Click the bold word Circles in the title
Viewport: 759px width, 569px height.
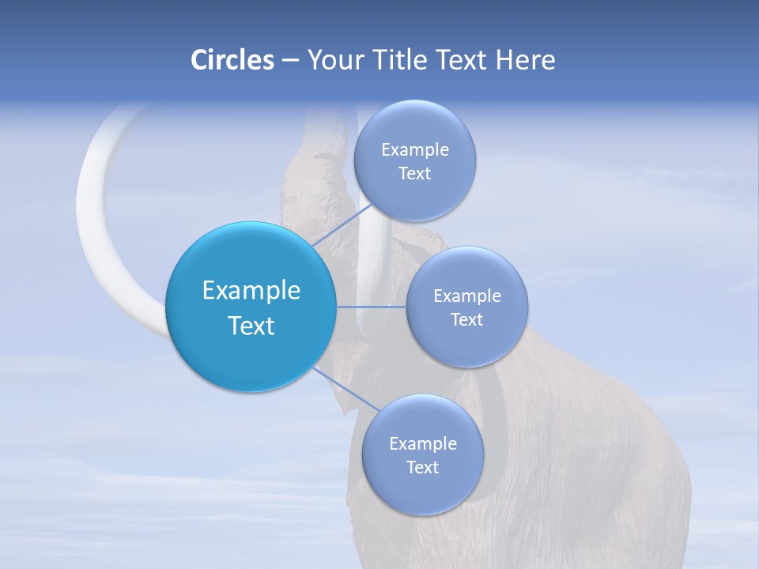point(232,60)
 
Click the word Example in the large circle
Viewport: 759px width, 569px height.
point(251,291)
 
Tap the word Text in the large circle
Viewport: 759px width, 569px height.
point(251,326)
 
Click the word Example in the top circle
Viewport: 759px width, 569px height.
point(415,149)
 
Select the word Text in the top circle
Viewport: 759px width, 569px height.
point(414,173)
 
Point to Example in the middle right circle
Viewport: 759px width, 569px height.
point(467,296)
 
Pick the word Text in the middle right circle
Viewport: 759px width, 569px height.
point(467,319)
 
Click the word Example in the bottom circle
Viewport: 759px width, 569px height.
point(423,443)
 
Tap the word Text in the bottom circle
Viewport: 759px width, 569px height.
point(422,467)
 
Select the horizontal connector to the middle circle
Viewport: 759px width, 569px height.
point(372,307)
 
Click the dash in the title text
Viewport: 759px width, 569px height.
point(289,61)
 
